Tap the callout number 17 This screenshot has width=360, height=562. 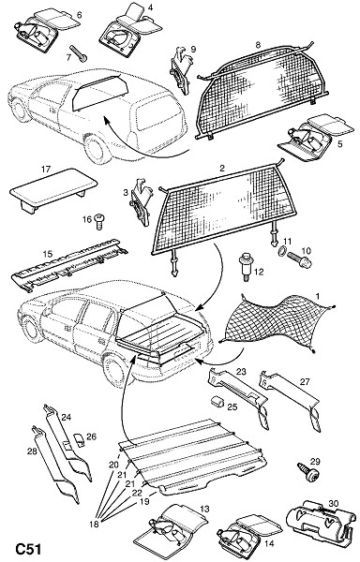point(46,169)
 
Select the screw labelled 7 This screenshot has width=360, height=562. point(79,53)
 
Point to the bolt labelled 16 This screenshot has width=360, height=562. point(99,221)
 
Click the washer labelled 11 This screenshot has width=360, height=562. point(282,252)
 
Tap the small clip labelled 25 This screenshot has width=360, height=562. point(217,402)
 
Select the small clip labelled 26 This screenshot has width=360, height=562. point(79,440)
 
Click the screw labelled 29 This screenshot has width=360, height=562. point(308,472)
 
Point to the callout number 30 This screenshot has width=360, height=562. point(333,504)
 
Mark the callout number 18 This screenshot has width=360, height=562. point(94,524)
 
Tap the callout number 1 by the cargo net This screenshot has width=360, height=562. point(317,296)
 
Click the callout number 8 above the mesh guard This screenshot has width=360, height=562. point(258,45)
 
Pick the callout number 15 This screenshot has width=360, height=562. point(48,254)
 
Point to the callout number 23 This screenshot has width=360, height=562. point(241,371)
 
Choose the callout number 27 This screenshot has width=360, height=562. point(304,382)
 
